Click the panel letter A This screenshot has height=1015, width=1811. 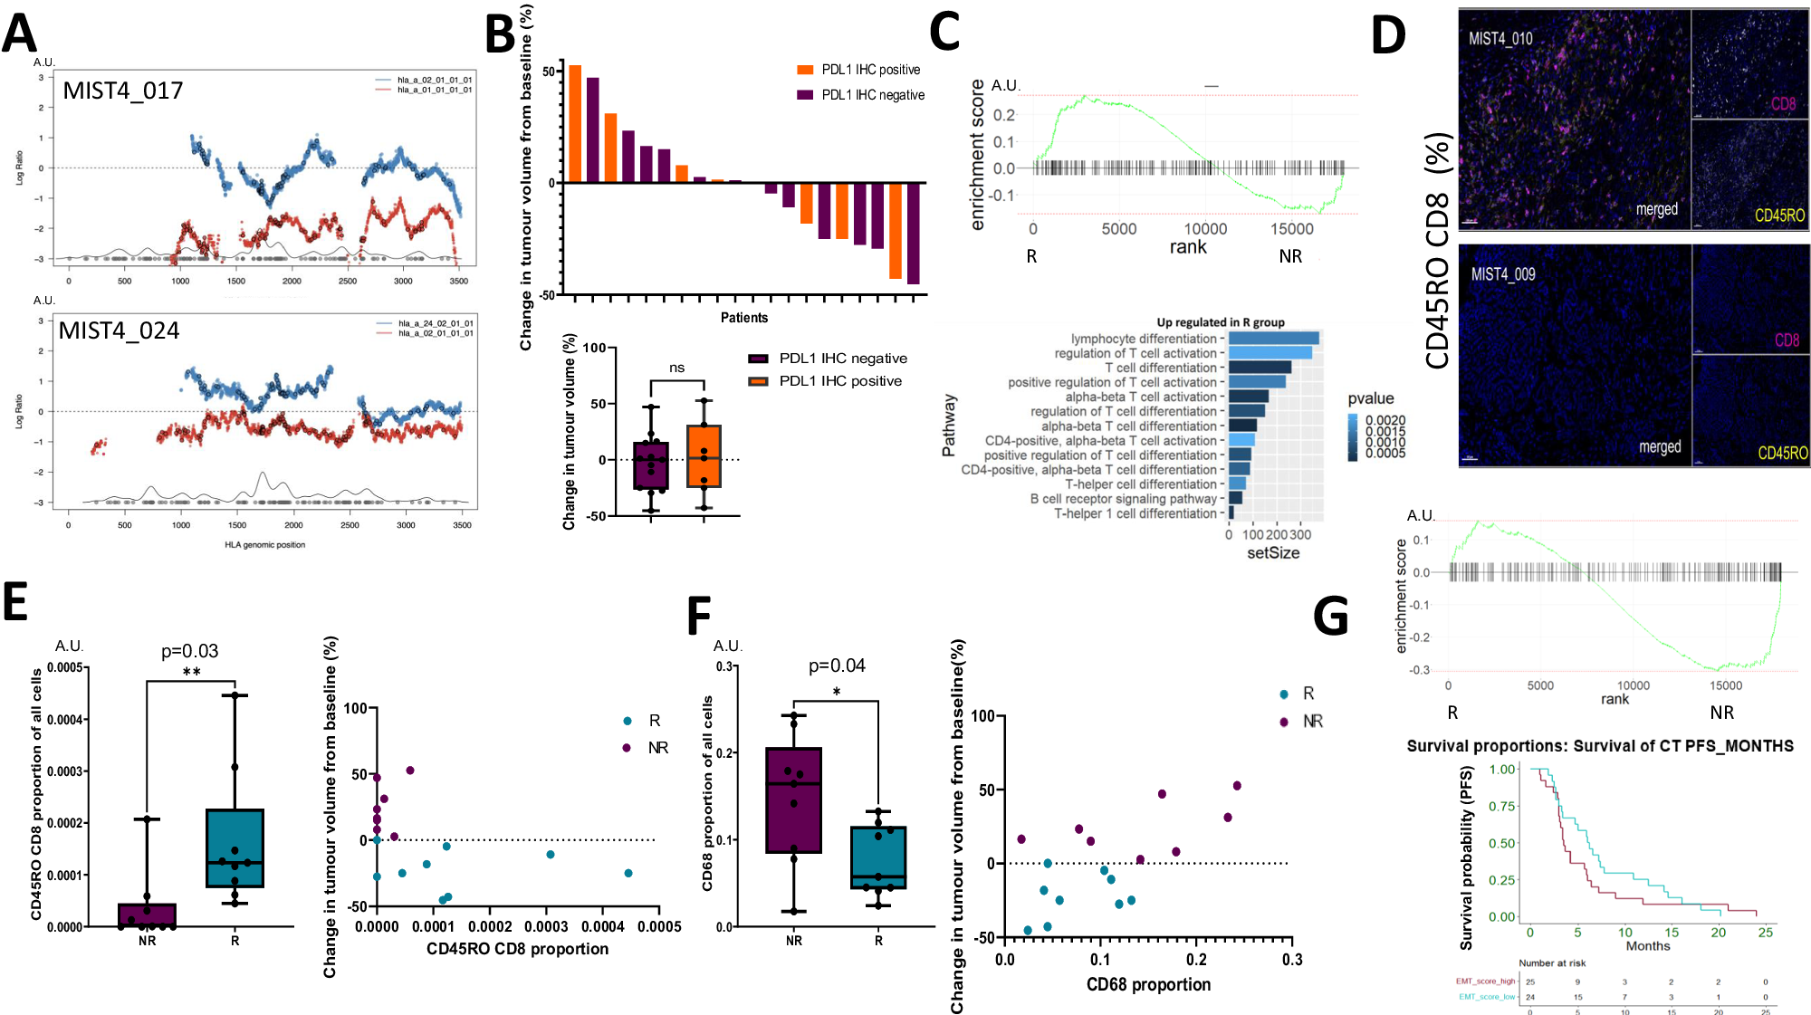(x=19, y=34)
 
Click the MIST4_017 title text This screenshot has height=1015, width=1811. (x=122, y=91)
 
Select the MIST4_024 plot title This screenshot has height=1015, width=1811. (x=119, y=330)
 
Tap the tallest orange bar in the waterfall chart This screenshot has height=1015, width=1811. (x=575, y=124)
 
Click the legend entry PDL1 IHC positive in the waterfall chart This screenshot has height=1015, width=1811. (x=869, y=70)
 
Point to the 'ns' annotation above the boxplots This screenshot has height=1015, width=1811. (x=677, y=368)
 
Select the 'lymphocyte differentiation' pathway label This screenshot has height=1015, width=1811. (x=1144, y=339)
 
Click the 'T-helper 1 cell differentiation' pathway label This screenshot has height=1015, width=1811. (x=1135, y=513)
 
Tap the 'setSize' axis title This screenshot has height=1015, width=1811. (x=1272, y=553)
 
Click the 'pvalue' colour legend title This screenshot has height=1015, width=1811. (x=1370, y=398)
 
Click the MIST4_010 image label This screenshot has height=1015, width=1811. (x=1500, y=39)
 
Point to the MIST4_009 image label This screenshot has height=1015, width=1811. (x=1502, y=274)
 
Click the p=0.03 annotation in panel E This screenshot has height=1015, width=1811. (x=189, y=651)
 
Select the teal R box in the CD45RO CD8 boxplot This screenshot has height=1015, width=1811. (x=235, y=847)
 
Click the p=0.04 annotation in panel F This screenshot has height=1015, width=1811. (x=836, y=666)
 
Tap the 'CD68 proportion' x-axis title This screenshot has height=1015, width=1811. (x=1147, y=985)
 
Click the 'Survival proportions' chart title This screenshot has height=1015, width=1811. (x=1599, y=746)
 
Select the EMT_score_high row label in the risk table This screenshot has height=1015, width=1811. (x=1485, y=981)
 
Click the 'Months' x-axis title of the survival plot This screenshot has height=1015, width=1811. (x=1647, y=946)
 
